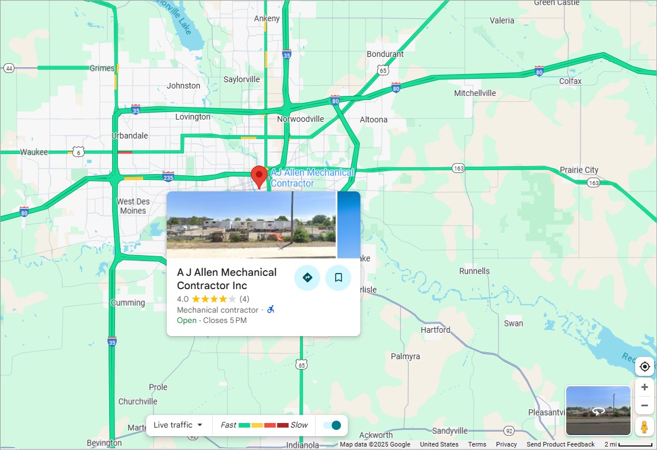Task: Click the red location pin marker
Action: (259, 175)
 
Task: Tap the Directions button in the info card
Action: (307, 278)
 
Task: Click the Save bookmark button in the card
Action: (339, 278)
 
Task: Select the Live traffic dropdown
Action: (178, 425)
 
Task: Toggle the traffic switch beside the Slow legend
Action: (332, 425)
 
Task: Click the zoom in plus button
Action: (644, 387)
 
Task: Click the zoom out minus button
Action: (644, 406)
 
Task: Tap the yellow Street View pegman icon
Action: (644, 427)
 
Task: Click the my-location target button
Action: (644, 367)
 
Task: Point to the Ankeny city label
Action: (267, 18)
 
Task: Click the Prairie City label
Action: (579, 170)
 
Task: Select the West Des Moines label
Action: (133, 206)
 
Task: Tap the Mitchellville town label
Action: (475, 93)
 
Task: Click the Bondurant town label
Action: (385, 54)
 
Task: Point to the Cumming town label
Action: (128, 303)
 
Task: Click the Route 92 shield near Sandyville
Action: (509, 430)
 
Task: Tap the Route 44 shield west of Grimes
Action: (9, 68)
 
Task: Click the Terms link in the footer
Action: (477, 444)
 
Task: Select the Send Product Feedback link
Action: (560, 444)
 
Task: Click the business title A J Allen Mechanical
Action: (226, 279)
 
